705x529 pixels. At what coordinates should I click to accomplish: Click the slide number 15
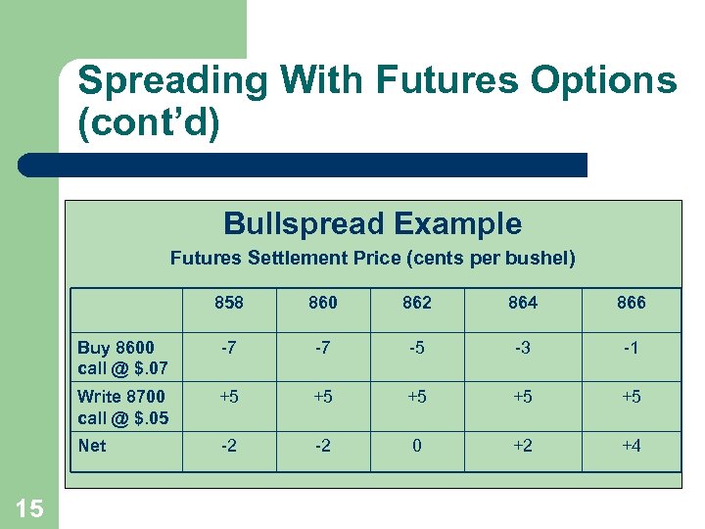click(29, 507)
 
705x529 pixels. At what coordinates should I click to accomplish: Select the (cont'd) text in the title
click(149, 124)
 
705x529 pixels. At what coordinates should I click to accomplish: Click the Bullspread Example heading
click(372, 223)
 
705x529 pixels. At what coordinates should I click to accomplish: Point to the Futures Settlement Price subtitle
click(372, 259)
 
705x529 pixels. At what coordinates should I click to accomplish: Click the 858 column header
click(229, 303)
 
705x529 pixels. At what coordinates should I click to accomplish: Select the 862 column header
click(417, 303)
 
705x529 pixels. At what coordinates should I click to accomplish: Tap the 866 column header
click(632, 303)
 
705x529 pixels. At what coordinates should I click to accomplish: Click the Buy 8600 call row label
click(122, 358)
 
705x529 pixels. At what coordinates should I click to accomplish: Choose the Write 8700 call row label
click(122, 407)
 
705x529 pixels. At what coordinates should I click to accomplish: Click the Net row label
click(92, 446)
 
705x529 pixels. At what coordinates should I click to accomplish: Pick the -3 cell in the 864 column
click(523, 348)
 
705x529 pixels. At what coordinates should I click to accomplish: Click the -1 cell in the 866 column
click(632, 348)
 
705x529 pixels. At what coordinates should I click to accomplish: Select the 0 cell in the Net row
click(417, 446)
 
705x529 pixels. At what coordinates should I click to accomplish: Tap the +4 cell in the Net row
click(632, 446)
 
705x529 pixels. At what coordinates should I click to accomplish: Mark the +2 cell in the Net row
click(523, 446)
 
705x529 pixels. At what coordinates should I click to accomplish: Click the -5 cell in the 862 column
click(417, 348)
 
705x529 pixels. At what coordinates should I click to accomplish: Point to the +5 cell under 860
click(323, 397)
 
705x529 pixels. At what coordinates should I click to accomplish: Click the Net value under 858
click(229, 446)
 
